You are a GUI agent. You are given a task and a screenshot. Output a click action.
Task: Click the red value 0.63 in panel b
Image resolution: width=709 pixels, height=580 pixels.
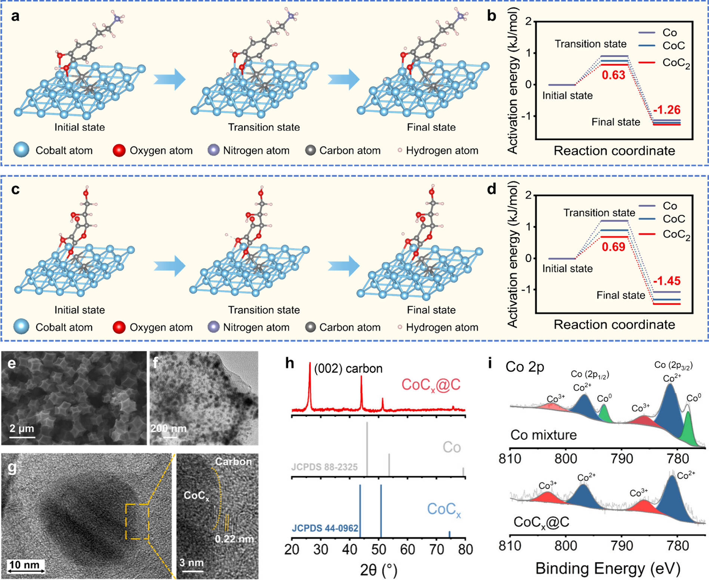click(613, 75)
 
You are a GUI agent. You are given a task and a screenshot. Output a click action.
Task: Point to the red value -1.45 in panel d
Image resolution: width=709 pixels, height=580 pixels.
click(667, 281)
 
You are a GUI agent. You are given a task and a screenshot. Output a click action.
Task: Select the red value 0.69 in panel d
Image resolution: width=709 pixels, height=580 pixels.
click(613, 247)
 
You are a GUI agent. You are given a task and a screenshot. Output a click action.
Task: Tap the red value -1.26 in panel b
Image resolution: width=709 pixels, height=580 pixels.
click(667, 110)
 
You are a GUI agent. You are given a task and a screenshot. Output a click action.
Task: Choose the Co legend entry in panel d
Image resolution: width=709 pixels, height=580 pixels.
click(669, 206)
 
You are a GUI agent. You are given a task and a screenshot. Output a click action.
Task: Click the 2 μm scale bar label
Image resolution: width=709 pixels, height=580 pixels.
click(22, 428)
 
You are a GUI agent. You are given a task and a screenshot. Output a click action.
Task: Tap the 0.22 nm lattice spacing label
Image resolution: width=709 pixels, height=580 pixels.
click(234, 539)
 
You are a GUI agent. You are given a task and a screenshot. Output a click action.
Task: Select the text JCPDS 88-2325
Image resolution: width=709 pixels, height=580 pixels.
click(324, 467)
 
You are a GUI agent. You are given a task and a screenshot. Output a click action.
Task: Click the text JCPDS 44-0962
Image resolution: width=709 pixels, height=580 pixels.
click(325, 528)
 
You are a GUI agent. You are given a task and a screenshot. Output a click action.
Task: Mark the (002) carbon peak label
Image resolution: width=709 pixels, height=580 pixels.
click(348, 369)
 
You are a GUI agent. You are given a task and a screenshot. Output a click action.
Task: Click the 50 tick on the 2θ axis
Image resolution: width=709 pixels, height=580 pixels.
click(379, 549)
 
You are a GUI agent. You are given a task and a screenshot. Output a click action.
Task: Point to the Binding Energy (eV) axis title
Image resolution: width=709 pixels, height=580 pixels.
click(608, 568)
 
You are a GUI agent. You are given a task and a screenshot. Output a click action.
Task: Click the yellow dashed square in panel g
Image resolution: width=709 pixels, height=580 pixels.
click(137, 522)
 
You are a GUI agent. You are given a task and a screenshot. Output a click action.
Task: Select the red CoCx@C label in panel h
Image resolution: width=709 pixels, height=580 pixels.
click(431, 385)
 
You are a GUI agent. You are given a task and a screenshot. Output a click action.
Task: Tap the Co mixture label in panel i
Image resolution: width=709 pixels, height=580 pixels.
click(543, 435)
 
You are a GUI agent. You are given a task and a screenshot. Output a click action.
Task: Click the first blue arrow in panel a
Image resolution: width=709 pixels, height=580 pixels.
click(169, 79)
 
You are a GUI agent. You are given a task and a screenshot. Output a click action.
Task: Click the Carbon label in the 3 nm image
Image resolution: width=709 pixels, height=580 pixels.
click(233, 462)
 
